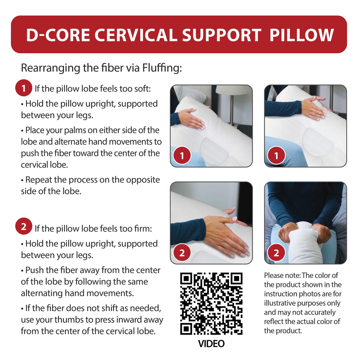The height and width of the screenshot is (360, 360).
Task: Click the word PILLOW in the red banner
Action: [301, 35]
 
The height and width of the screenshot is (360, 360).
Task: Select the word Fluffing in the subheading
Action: [162, 68]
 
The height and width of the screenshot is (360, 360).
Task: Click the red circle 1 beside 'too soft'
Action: [24, 88]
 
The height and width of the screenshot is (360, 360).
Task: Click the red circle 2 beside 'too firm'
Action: [24, 226]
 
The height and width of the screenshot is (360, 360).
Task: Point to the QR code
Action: [211, 303]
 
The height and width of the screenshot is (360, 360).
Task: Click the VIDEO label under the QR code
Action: [211, 344]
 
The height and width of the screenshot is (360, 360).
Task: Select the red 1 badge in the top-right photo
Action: [276, 156]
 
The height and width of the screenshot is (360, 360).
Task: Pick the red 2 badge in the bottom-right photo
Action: [276, 253]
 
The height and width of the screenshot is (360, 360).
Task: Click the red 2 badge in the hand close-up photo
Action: [182, 253]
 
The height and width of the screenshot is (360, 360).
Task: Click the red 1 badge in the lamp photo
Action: [182, 156]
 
